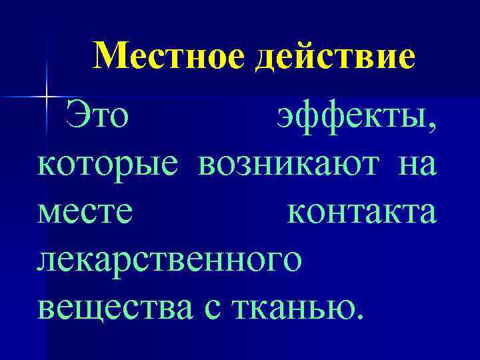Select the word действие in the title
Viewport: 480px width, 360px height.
pos(335,57)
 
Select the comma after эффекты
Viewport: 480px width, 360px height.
pos(434,128)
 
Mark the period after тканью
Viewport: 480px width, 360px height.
pos(360,317)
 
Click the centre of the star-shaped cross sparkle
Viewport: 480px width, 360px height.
pos(47,97)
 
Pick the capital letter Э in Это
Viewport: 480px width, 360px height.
pos(77,117)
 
